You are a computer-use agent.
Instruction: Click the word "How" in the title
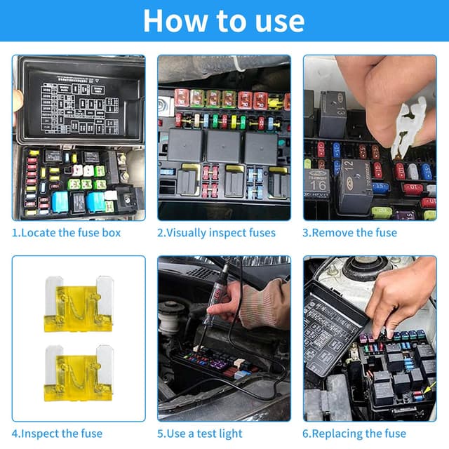click(175, 20)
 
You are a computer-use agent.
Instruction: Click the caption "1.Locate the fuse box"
click(66, 232)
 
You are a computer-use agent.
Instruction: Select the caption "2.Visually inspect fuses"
click(216, 233)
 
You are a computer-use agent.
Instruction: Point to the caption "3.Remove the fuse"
click(349, 232)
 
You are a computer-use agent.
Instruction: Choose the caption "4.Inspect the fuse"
click(57, 434)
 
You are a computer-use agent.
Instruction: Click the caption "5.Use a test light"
click(199, 434)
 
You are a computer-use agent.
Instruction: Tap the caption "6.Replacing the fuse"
click(354, 434)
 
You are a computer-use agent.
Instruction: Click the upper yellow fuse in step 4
click(79, 304)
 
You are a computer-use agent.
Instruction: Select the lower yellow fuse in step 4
click(79, 373)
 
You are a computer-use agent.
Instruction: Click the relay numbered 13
click(333, 114)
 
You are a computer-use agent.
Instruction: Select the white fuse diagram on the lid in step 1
click(80, 105)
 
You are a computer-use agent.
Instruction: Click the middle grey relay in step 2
click(224, 146)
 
